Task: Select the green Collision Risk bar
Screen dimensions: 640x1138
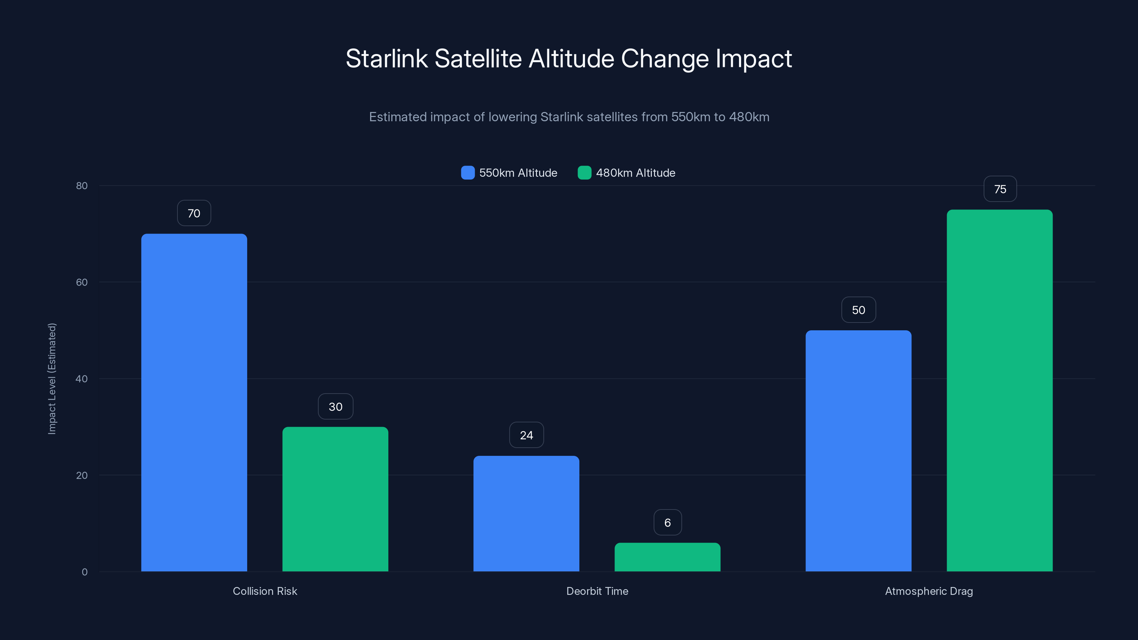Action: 335,499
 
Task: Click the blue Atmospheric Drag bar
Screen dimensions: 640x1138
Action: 858,450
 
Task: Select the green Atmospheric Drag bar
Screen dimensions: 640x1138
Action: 1000,390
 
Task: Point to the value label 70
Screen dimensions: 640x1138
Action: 194,213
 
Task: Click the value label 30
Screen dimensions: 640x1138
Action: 335,407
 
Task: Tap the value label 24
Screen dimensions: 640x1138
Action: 526,436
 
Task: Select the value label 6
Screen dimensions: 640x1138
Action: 668,523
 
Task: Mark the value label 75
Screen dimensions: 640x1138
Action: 1000,190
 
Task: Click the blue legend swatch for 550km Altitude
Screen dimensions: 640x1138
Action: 467,173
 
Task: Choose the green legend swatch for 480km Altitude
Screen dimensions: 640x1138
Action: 584,173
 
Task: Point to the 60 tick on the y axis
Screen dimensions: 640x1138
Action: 82,282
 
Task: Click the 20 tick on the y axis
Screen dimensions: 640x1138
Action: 82,475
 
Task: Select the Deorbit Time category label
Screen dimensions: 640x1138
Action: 597,591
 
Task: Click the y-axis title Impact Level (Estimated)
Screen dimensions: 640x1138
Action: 52,379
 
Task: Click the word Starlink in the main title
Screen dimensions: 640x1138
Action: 386,59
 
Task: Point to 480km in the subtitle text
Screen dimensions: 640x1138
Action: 749,117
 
